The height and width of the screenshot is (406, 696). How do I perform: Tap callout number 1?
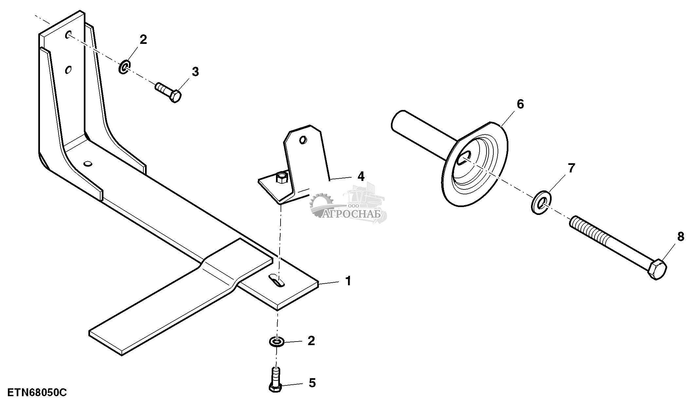tap(348, 281)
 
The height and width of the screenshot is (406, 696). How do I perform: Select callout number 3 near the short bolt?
tap(195, 72)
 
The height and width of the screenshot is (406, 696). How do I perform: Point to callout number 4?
tap(360, 176)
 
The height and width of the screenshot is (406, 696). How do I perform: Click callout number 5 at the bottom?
tap(312, 383)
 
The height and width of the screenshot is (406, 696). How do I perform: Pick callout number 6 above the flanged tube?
tap(520, 104)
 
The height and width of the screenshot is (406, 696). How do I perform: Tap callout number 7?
tap(571, 168)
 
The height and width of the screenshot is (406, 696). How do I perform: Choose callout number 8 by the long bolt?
tap(681, 237)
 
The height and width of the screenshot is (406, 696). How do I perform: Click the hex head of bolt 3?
tap(175, 97)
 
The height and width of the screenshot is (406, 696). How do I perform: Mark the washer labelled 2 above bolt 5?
tap(277, 342)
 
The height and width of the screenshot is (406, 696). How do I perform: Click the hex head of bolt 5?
tap(275, 388)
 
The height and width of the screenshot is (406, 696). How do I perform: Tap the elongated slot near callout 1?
tap(277, 281)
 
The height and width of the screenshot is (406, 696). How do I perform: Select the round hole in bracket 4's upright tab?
tap(303, 140)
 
